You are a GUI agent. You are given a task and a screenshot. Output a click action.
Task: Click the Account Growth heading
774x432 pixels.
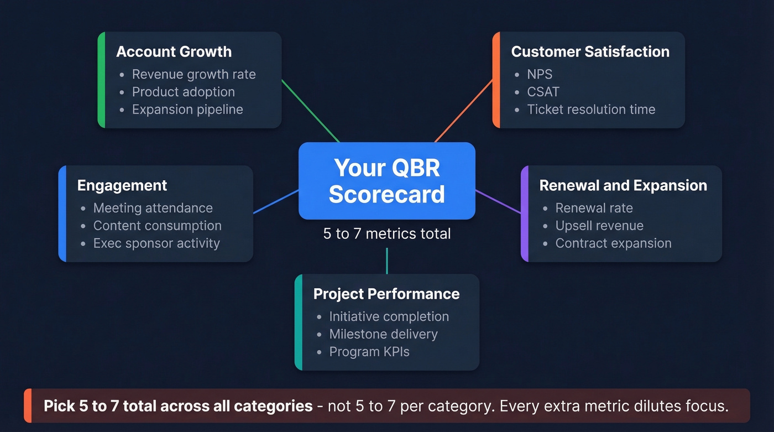click(x=174, y=52)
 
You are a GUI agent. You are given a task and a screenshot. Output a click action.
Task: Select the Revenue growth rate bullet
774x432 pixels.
click(x=193, y=75)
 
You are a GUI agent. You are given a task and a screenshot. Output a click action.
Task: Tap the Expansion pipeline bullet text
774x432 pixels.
click(x=187, y=110)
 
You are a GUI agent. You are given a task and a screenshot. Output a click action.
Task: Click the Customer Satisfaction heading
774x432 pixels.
click(x=590, y=52)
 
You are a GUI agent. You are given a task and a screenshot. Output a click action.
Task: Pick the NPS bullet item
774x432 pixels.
click(x=539, y=75)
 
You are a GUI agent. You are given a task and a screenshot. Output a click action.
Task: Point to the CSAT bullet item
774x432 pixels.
click(x=543, y=92)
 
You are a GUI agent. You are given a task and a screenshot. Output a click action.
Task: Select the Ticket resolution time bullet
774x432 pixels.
click(x=590, y=110)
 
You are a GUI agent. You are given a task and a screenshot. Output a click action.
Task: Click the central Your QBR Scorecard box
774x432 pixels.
click(x=386, y=181)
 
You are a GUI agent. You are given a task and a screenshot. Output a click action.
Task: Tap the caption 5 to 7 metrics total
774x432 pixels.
click(x=386, y=234)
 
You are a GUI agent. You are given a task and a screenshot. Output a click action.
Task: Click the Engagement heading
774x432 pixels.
click(x=122, y=185)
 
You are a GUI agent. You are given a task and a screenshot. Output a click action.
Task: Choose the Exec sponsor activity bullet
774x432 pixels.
click(x=156, y=243)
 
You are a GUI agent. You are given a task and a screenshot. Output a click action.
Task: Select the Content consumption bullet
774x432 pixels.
click(x=157, y=226)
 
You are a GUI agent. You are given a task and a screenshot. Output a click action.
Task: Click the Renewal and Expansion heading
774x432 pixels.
click(x=623, y=185)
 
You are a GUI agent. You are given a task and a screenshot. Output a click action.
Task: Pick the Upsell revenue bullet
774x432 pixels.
click(x=599, y=226)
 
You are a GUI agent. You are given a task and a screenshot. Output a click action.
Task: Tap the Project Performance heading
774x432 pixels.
click(x=386, y=294)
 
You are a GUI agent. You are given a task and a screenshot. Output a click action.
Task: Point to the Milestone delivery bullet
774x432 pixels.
click(x=383, y=334)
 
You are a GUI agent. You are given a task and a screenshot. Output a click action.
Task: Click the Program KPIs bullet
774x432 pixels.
click(x=369, y=352)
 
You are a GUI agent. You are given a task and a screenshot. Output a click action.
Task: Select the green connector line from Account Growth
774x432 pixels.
click(x=311, y=111)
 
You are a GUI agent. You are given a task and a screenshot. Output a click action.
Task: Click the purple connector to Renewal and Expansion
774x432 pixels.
click(x=498, y=202)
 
